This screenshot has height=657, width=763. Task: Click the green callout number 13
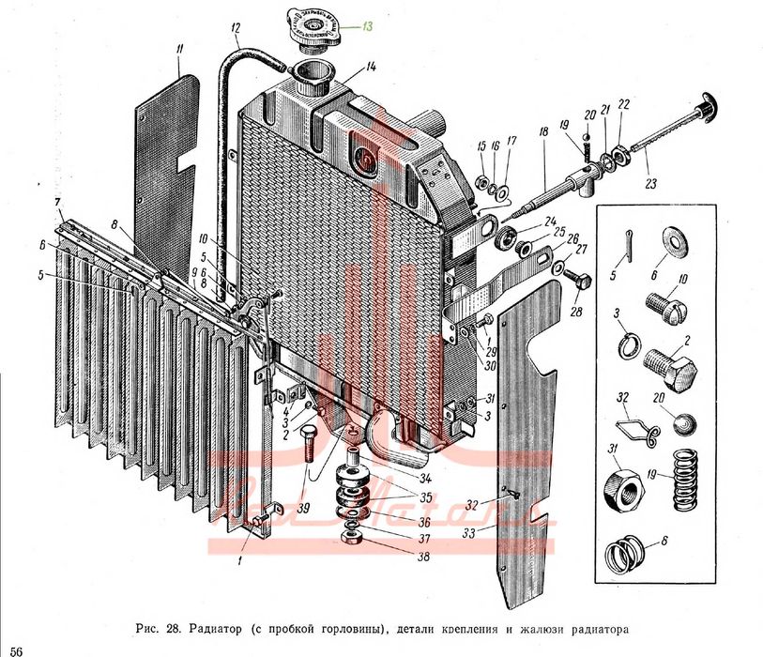368,27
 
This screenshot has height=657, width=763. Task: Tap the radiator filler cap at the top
313,25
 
